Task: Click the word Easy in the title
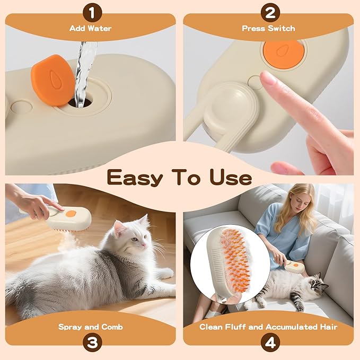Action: click(x=133, y=177)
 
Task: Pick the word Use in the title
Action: click(x=229, y=177)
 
